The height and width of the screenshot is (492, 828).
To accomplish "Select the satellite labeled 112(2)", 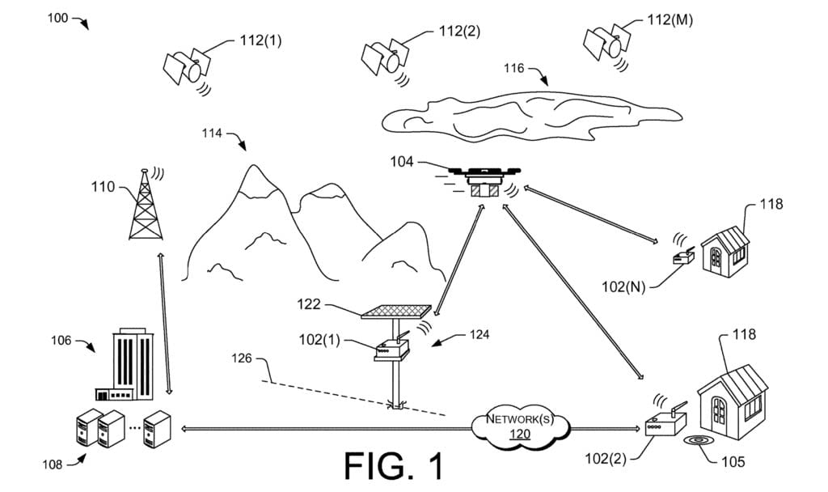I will click(382, 56).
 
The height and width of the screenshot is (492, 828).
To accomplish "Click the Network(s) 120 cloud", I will click(519, 426).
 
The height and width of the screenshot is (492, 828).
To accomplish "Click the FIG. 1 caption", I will click(394, 467).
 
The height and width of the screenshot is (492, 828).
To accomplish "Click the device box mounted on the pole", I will click(391, 350).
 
